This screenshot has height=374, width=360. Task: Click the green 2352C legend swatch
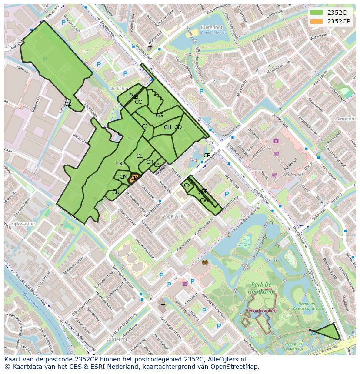[317, 13]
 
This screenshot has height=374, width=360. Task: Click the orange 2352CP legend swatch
[317, 21]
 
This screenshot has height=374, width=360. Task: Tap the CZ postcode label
[68, 103]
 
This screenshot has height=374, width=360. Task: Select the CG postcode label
[159, 116]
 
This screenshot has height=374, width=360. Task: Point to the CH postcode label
[167, 127]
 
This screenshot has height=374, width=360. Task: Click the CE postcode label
[207, 156]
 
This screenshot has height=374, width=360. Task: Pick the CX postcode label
[187, 185]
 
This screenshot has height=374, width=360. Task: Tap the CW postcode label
[204, 200]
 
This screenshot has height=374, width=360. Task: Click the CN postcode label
[116, 192]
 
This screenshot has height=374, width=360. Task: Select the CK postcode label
[120, 164]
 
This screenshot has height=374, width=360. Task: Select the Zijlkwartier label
[23, 223]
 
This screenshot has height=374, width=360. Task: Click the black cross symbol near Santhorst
[163, 306]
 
